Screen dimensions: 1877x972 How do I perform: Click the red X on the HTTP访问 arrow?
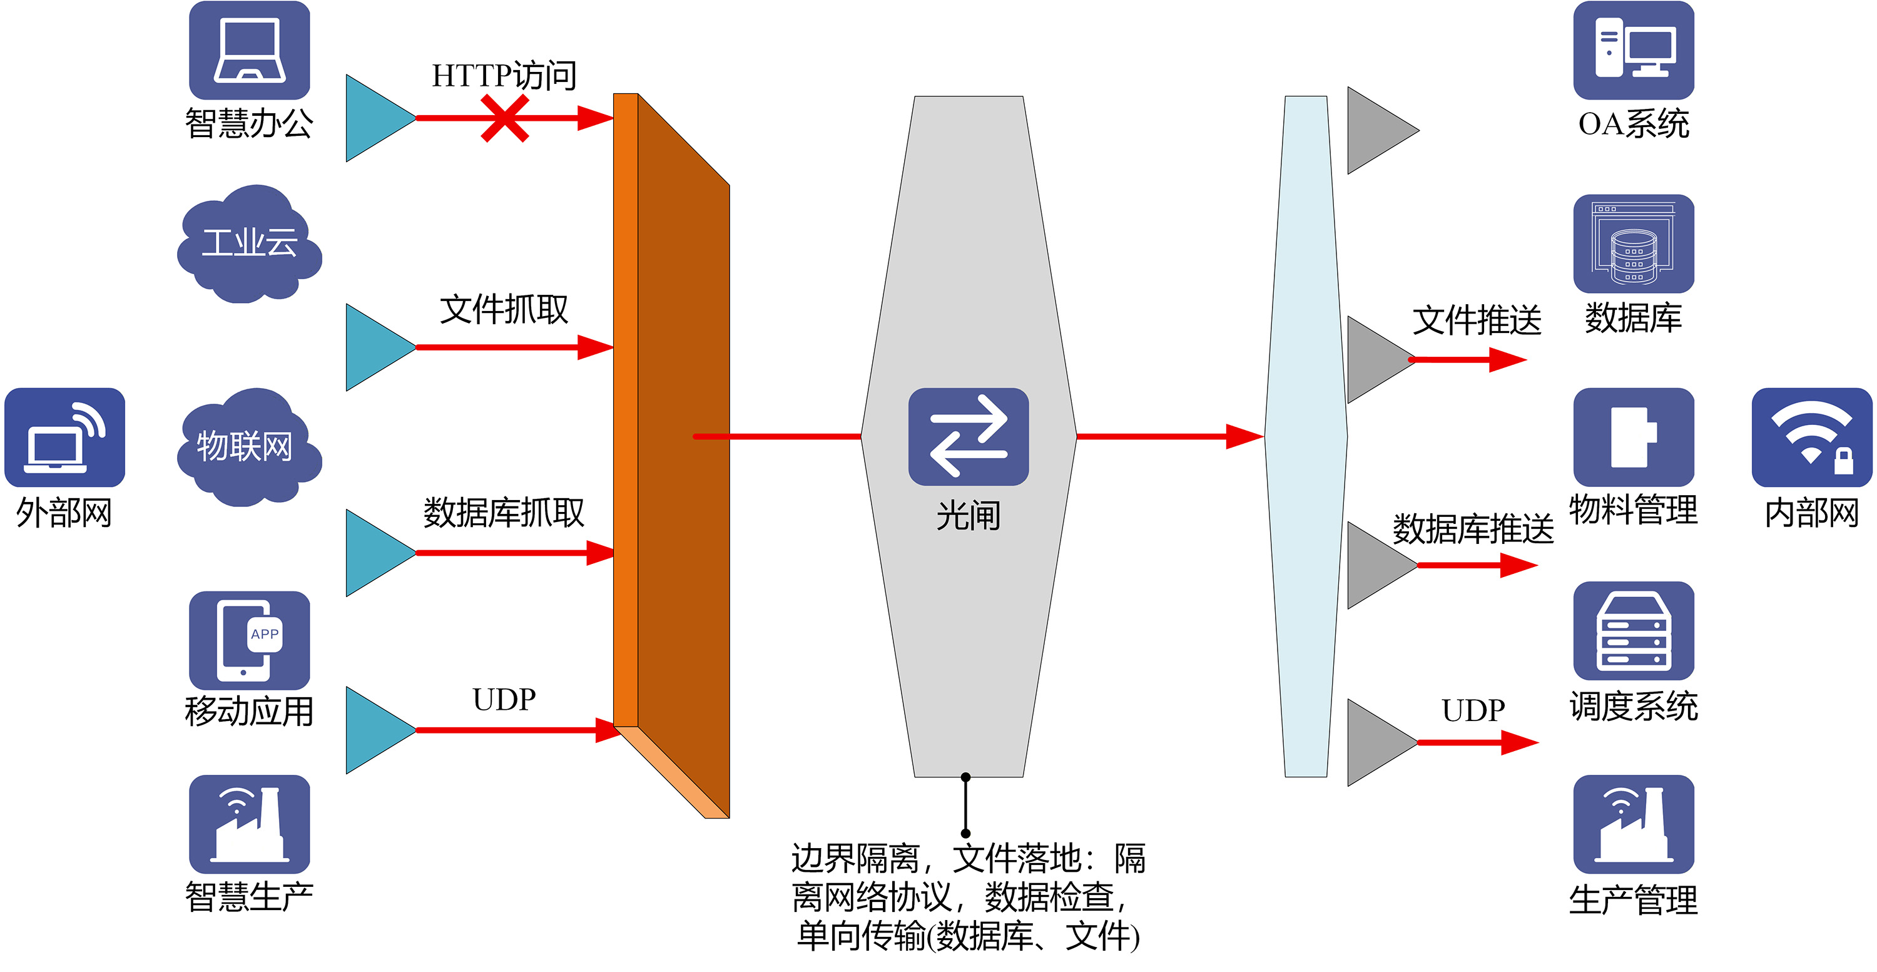point(504,118)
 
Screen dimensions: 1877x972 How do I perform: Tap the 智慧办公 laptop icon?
point(249,50)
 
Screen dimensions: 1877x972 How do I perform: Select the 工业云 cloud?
point(249,244)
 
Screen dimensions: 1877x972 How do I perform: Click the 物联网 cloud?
point(249,448)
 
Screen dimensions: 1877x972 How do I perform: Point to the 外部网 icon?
point(65,437)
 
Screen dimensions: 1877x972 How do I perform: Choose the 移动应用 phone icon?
point(249,640)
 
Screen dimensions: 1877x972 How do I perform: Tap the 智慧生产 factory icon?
point(249,824)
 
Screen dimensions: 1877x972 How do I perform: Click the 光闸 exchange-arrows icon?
point(969,436)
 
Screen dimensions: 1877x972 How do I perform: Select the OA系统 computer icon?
point(1634,50)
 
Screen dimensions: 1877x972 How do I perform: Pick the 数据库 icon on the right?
point(1634,244)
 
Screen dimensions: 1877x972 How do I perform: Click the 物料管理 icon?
point(1634,437)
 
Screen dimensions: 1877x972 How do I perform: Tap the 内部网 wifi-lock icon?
point(1812,437)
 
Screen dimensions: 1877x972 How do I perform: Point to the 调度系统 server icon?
point(1634,631)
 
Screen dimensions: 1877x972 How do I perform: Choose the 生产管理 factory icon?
point(1634,824)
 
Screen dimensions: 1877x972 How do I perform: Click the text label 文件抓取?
point(504,310)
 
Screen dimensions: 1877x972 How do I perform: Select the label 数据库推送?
point(1473,529)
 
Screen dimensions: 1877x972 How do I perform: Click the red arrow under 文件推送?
point(1467,359)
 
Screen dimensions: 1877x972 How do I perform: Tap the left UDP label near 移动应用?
point(504,700)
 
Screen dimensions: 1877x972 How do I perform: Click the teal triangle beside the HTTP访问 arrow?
point(380,118)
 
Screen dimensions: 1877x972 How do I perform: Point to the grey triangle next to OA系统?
point(1382,130)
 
